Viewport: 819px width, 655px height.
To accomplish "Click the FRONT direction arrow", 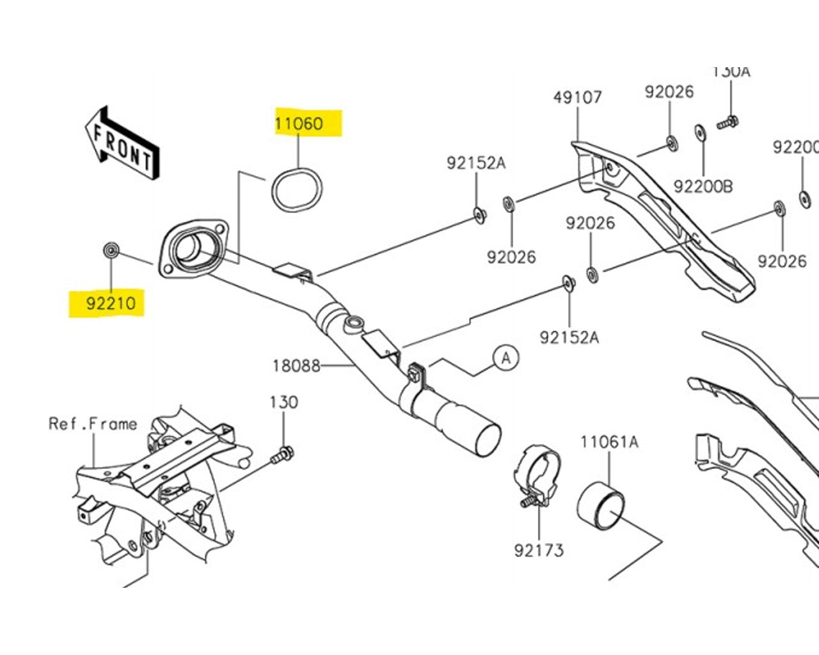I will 122,144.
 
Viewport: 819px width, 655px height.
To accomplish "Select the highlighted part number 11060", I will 299,123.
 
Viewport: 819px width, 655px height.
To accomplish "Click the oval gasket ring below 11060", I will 297,188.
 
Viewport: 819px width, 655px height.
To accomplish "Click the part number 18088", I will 296,365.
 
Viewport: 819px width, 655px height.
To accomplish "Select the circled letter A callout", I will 506,358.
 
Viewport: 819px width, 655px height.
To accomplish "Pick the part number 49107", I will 577,97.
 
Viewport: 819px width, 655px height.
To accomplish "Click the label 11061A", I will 609,442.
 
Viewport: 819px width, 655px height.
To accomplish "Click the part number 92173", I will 539,549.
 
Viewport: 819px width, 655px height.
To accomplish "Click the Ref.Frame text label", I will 93,423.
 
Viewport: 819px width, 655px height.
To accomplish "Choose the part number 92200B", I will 703,186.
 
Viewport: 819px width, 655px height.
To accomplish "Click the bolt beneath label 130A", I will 728,122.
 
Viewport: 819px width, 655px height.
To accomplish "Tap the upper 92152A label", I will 476,163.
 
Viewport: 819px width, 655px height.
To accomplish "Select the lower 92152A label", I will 569,337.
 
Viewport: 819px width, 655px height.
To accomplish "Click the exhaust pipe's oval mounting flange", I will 192,251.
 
